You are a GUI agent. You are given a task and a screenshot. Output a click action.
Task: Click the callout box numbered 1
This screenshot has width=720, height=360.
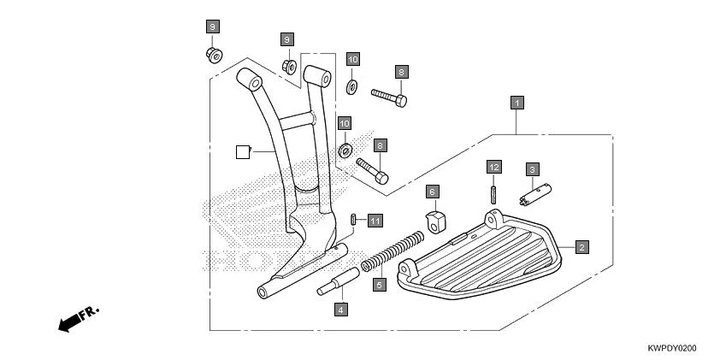516,103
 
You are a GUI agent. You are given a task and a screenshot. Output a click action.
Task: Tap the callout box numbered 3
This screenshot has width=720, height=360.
531,169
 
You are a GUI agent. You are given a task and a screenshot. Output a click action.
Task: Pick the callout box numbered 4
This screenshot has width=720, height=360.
339,309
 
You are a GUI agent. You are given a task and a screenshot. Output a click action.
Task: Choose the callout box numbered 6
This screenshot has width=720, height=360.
433,192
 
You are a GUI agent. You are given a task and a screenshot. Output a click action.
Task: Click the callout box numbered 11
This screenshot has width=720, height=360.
375,221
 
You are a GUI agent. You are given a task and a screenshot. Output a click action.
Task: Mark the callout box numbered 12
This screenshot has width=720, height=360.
493,166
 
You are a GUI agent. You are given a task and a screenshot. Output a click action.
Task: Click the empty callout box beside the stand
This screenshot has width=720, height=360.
242,152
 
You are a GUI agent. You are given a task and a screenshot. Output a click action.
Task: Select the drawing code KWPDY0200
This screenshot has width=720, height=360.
672,349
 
